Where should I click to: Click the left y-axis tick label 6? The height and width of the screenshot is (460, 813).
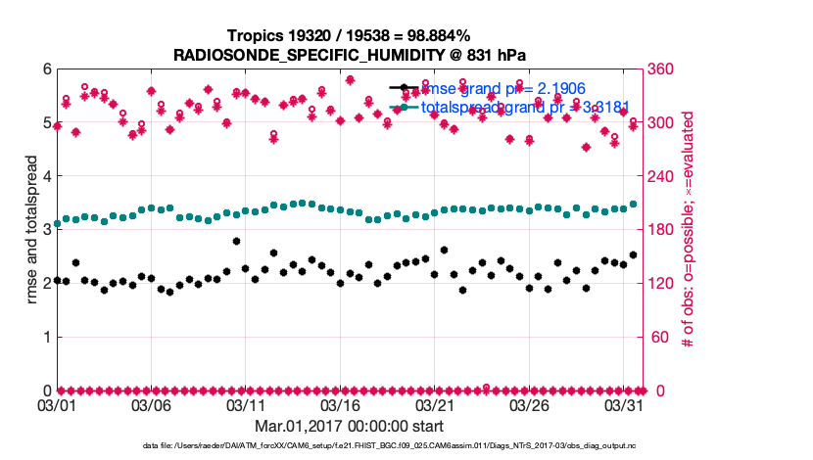coord(45,69)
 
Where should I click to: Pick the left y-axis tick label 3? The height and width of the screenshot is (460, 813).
coord(45,230)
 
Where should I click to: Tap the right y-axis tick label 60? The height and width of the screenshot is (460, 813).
coord(655,338)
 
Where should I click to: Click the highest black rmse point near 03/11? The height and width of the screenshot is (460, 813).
coord(236,241)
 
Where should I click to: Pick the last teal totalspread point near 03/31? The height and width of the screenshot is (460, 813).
coord(634,205)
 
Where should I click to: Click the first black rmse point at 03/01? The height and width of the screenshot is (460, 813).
coord(57,281)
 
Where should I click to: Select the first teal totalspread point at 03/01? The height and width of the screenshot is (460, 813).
coord(57,224)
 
